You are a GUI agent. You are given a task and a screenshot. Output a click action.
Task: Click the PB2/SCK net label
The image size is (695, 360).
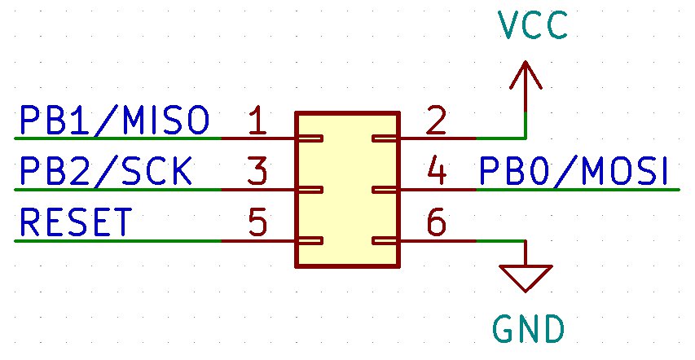click(106, 172)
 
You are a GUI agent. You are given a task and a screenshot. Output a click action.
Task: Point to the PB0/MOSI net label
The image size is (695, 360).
click(574, 172)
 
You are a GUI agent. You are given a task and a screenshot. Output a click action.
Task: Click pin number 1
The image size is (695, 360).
click(257, 121)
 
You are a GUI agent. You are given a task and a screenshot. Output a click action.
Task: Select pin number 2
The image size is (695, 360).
click(437, 121)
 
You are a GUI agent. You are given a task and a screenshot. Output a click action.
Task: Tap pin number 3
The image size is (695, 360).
click(257, 173)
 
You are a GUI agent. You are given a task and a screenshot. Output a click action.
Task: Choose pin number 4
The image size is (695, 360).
click(437, 173)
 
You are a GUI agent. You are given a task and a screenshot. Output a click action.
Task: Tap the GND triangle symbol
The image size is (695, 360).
click(527, 278)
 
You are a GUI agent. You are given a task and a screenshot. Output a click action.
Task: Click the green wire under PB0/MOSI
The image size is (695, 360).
click(578, 190)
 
